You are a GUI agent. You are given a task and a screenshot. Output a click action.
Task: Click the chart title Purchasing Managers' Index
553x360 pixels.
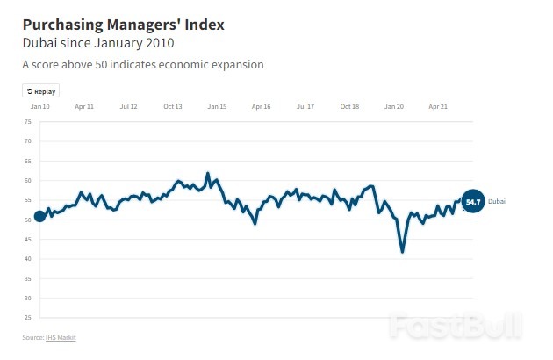(x=123, y=25)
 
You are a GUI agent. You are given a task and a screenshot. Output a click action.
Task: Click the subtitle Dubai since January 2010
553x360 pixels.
(x=98, y=43)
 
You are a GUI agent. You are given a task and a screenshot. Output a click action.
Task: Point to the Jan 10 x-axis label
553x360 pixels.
(x=39, y=106)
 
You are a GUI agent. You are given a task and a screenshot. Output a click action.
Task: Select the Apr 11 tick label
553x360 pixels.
(x=84, y=106)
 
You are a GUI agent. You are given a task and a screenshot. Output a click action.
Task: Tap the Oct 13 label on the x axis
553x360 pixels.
(x=173, y=106)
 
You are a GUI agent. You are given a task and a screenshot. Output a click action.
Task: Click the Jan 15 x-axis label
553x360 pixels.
(x=217, y=106)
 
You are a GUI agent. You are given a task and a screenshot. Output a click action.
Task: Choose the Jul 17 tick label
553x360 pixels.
(x=305, y=106)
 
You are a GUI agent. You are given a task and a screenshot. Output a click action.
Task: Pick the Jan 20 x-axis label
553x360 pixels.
(x=394, y=106)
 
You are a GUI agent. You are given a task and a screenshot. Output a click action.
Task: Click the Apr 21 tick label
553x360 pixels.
(x=439, y=106)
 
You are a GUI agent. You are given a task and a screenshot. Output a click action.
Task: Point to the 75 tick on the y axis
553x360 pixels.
(x=27, y=121)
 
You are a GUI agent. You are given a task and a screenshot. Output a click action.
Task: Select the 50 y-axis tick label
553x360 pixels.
(x=27, y=220)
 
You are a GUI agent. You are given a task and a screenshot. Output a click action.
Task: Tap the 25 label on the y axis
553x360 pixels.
(x=27, y=318)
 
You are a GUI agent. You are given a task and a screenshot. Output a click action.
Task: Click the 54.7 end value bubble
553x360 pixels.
(x=473, y=202)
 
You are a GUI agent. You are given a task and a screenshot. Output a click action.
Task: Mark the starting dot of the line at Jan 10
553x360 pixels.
(x=39, y=217)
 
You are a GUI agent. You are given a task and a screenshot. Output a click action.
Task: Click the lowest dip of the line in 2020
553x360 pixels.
(x=403, y=252)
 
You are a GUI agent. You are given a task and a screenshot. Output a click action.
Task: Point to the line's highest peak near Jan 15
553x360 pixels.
(x=208, y=174)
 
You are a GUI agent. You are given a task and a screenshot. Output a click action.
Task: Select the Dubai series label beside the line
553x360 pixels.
(x=497, y=202)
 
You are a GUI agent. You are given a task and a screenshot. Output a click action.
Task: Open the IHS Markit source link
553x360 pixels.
(x=67, y=336)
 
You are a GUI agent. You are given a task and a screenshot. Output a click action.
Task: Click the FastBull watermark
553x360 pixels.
(x=457, y=322)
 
